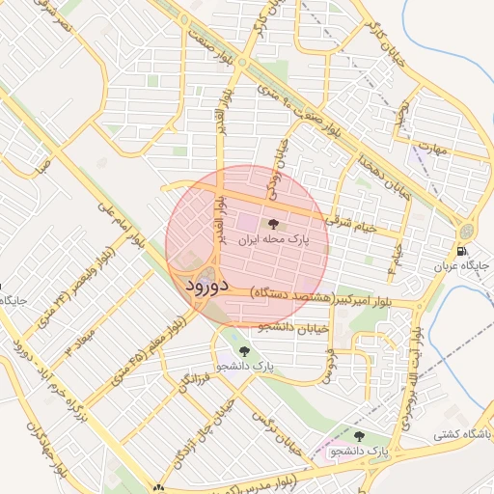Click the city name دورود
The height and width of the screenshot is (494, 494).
coord(204,287)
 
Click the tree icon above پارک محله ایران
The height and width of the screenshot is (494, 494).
coord(271,224)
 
